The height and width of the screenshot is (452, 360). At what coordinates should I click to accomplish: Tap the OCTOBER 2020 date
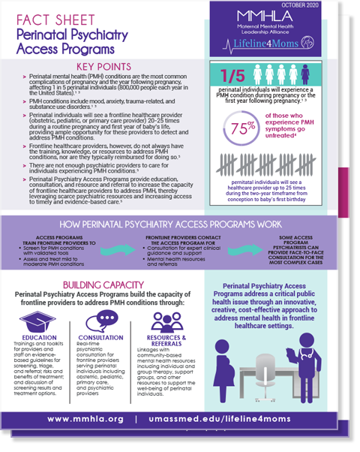click(x=319, y=5)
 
